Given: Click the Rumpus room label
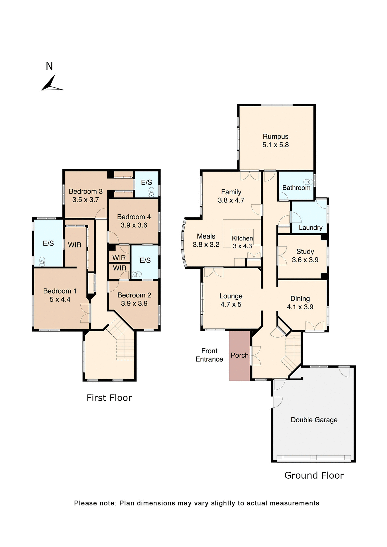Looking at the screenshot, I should (x=275, y=136).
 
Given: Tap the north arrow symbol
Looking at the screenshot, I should (x=51, y=84).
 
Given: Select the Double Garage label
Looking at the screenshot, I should (x=314, y=420).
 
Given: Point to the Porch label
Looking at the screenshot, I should (x=239, y=355).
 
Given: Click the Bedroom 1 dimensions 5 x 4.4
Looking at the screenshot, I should (x=60, y=299).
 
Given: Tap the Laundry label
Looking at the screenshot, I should (x=310, y=228).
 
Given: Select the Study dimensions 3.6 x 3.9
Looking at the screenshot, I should (x=305, y=260).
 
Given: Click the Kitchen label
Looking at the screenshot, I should (x=242, y=238).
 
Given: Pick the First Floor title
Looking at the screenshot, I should (x=109, y=398).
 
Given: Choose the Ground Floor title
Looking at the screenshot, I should (x=314, y=475).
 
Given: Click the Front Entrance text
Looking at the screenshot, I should (x=209, y=355).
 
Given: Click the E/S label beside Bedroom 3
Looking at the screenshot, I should (x=146, y=182).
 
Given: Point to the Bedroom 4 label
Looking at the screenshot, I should (x=134, y=217).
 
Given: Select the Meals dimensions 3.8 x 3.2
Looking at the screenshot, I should (x=206, y=244).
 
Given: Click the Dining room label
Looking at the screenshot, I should (x=300, y=299).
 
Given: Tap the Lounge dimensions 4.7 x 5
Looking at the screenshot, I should (x=231, y=304).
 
